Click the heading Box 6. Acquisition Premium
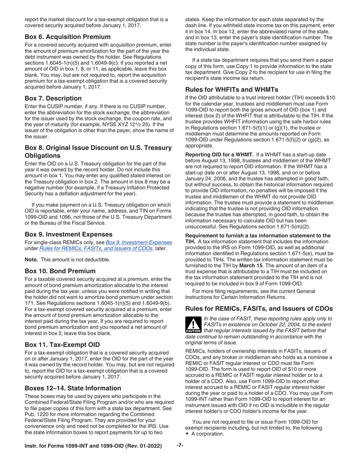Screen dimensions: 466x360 [x=67, y=37]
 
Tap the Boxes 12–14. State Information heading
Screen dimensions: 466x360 [x=73, y=388]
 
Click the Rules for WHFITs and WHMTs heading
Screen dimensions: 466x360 [x=232, y=89]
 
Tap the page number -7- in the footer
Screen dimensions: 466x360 [x=180, y=446]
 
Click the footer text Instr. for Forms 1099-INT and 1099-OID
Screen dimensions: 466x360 [x=93, y=446]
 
